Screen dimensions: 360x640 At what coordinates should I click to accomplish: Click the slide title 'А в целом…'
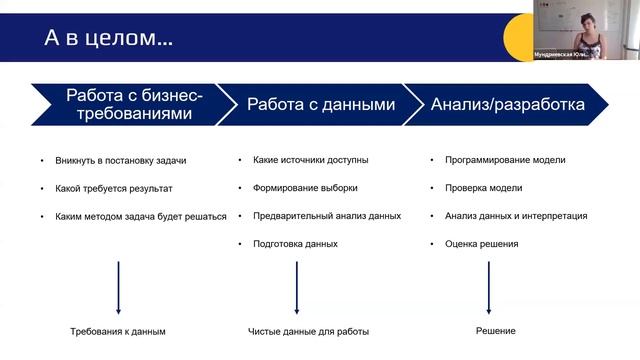[x=108, y=39]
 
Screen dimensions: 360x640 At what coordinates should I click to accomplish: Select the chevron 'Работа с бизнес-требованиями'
[x=134, y=104]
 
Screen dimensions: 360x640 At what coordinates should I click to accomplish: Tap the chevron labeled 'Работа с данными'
[x=320, y=104]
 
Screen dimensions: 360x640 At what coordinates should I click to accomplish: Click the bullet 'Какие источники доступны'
[x=311, y=159]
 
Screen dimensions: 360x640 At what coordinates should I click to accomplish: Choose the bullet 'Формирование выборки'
[x=305, y=187]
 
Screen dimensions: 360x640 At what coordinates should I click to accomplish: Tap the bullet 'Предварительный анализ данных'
[x=327, y=215]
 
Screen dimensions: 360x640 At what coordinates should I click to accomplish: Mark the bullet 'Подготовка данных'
[x=295, y=243]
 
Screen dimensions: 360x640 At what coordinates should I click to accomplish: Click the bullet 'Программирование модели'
[x=504, y=159]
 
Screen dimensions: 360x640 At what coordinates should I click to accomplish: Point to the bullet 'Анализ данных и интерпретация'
[x=515, y=215]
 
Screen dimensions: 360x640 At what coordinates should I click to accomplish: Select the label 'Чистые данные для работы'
[x=308, y=331]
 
